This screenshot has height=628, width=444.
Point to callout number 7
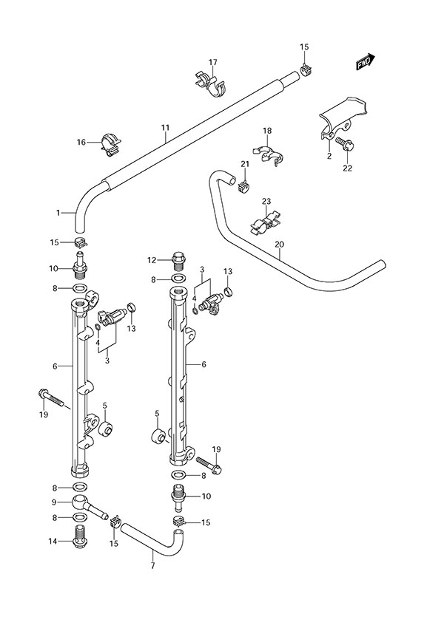point(152,566)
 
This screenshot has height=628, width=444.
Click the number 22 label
point(347,168)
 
